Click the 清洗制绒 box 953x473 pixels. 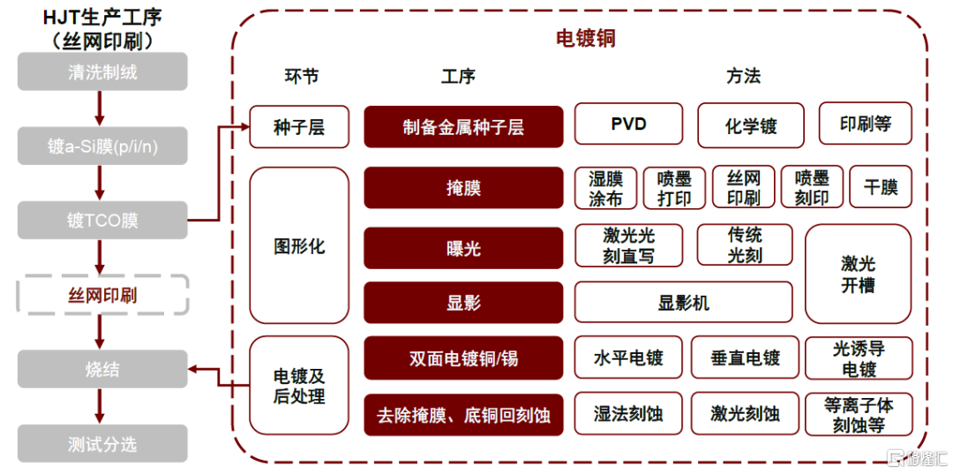(x=102, y=71)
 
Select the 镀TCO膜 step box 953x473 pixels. (x=102, y=220)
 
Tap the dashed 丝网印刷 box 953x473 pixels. (x=102, y=295)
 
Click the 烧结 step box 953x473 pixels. (x=102, y=369)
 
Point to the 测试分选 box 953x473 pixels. (x=102, y=444)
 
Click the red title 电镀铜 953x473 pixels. (x=586, y=38)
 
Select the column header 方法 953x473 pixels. (x=743, y=76)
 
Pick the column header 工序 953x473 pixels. (x=458, y=76)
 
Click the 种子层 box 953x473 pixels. (x=300, y=127)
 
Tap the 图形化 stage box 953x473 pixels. (x=300, y=245)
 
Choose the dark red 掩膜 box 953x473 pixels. (x=464, y=188)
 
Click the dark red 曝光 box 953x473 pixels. (x=464, y=248)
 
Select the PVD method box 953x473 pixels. (x=628, y=124)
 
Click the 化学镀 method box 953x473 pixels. (x=751, y=125)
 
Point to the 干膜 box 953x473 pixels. (x=881, y=187)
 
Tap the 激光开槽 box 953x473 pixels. (x=859, y=274)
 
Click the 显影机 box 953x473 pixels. (x=683, y=302)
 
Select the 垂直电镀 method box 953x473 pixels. (x=745, y=357)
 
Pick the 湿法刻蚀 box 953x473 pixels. (x=628, y=414)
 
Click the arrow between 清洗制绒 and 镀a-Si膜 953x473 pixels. (x=101, y=109)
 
